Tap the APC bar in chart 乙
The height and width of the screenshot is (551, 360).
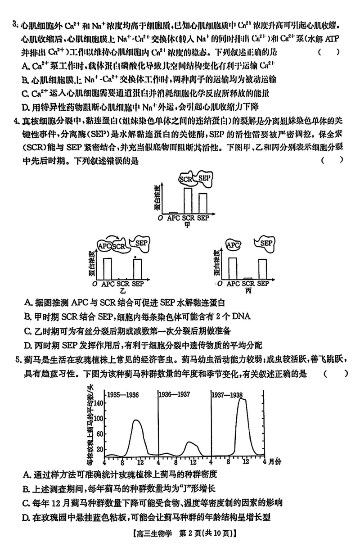pyautogui.click(x=108, y=268)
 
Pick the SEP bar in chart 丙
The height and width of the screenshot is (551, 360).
pyautogui.click(x=262, y=269)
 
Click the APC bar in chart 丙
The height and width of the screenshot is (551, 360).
pyautogui.click(x=233, y=268)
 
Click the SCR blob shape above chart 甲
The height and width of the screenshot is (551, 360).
pyautogui.click(x=186, y=179)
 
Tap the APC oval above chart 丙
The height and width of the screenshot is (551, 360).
pyautogui.click(x=233, y=245)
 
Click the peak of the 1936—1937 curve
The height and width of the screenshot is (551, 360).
pyautogui.click(x=189, y=442)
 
